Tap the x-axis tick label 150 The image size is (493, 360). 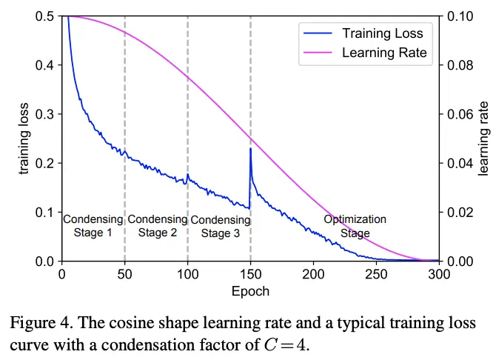click(x=251, y=274)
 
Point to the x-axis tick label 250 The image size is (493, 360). click(x=377, y=274)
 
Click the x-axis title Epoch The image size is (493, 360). click(x=250, y=291)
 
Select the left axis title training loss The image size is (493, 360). click(x=24, y=139)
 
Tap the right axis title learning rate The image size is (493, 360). click(x=483, y=139)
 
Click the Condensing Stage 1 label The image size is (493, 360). click(x=93, y=226)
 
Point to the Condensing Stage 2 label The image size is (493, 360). click(x=157, y=226)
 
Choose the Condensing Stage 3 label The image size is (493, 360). click(x=220, y=227)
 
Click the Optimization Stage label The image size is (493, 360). click(x=355, y=226)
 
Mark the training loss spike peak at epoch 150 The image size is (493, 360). click(x=251, y=148)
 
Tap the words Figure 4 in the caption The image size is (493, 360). click(x=43, y=324)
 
